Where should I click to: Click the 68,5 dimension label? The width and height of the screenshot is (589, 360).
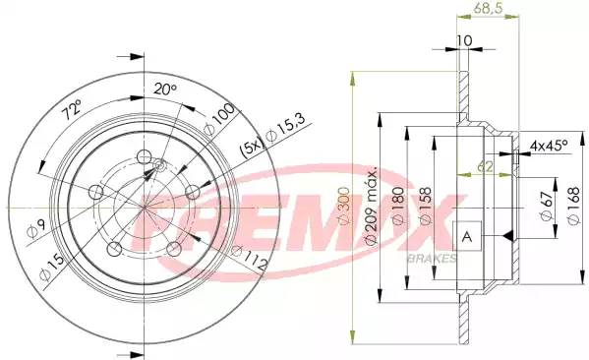click(488, 9)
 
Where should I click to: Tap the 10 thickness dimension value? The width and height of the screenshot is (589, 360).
click(464, 40)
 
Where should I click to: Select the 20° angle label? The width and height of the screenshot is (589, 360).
click(165, 90)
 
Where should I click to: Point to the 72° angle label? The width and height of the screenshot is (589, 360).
click(72, 109)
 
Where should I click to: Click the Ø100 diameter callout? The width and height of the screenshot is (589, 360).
click(219, 119)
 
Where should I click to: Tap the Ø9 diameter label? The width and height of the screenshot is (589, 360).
click(36, 229)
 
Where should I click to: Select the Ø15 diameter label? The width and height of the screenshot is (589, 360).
click(52, 266)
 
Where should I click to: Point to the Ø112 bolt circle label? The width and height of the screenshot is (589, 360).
click(249, 257)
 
